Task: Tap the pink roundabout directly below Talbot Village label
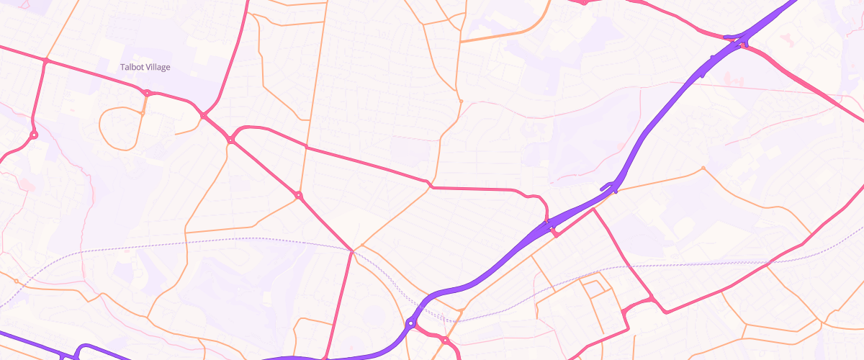click(147, 93)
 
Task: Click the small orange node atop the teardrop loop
click(143, 113)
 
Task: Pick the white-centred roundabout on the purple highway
click(410, 324)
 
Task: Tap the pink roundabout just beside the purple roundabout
click(445, 340)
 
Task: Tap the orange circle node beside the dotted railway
click(15, 281)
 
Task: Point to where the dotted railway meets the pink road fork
click(352, 251)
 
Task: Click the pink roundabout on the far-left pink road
click(33, 135)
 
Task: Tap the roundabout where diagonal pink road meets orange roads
click(298, 195)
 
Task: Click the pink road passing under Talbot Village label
click(94, 76)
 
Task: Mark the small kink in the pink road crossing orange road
click(429, 184)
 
